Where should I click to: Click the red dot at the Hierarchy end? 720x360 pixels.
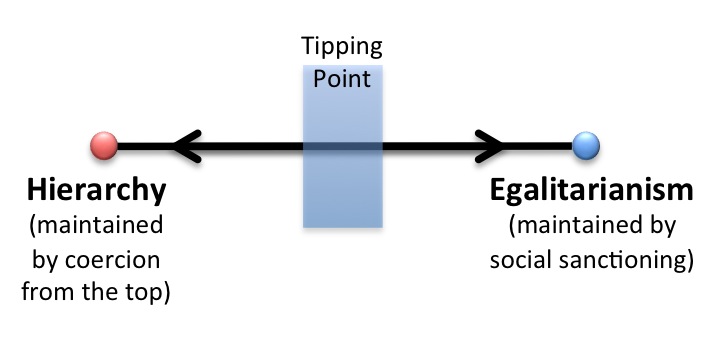[103, 146]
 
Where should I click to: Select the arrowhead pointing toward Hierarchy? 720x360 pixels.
[185, 146]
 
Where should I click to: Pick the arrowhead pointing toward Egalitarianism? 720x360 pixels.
[492, 146]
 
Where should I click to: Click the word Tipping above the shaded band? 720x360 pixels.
[342, 47]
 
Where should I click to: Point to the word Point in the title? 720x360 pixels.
[342, 78]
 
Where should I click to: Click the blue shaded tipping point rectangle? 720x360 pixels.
[342, 190]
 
